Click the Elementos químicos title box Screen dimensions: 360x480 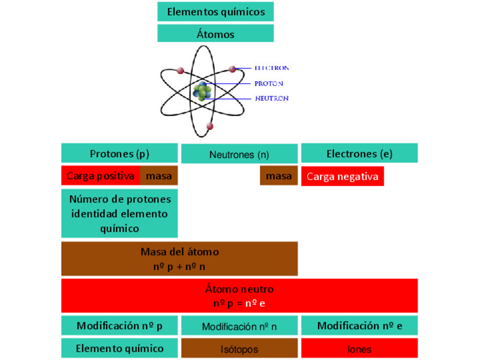coord(215,11)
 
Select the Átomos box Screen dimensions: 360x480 coord(215,33)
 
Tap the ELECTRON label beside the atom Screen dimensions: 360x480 coord(271,68)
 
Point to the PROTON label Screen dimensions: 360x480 coord(268,84)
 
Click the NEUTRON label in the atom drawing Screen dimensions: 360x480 coord(271,98)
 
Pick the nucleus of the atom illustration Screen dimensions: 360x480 coord(202,91)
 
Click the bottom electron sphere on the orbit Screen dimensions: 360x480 coord(210,126)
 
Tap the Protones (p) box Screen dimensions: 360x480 coord(119,153)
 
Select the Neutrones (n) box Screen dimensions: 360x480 coord(239,154)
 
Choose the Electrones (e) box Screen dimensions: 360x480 coord(359,153)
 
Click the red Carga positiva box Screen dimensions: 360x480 coord(101,176)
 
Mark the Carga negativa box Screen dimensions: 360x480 coord(342,176)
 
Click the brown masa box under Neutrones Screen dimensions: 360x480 coord(278,176)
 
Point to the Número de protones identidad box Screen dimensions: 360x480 coord(119,213)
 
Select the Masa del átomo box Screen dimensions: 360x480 coord(179,259)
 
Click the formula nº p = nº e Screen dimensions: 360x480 coord(239,303)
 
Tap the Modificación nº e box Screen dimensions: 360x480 coord(359,325)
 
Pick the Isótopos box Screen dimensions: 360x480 coord(239,349)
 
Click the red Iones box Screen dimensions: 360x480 coord(359,349)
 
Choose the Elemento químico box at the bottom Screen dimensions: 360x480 coord(119,348)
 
